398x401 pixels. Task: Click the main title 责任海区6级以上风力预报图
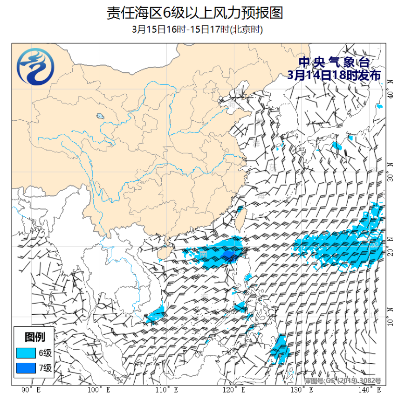[195, 13]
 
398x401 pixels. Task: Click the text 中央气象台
[334, 62]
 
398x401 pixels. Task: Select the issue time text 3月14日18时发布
[334, 75]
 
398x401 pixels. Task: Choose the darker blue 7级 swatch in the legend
[26, 368]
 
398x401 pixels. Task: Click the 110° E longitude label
[166, 390]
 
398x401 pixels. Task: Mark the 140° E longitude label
[371, 390]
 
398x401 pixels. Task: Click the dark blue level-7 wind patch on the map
[228, 254]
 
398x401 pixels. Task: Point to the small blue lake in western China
[100, 116]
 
